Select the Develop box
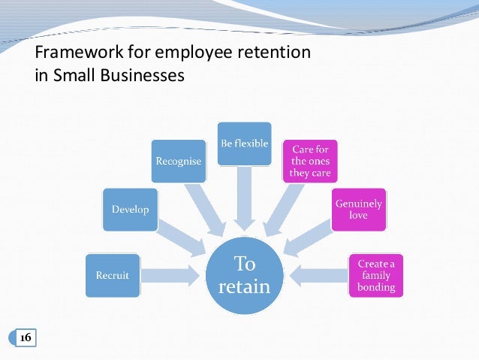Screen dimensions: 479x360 130,210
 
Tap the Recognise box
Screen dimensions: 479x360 177,160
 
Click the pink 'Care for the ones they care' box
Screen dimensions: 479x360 309,160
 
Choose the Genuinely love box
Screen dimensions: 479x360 358,209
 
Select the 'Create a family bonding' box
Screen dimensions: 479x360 375,276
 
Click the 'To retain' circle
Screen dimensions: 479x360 245,275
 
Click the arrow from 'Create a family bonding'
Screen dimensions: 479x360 320,275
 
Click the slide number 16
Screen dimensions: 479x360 25,338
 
